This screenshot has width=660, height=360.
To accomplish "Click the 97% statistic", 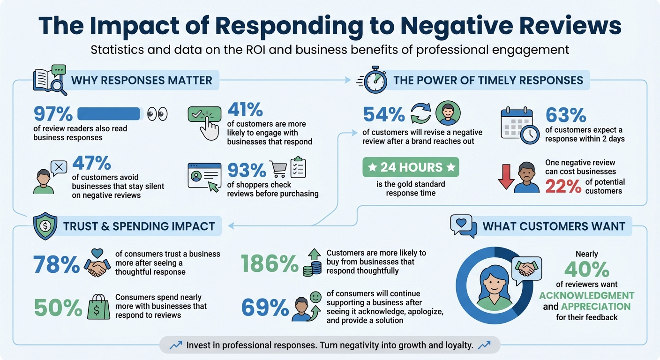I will [x=53, y=114].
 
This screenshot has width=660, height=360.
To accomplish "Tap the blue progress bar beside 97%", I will [x=108, y=114].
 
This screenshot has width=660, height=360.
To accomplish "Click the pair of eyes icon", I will [x=157, y=114].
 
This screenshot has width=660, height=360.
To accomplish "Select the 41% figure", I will [x=245, y=110].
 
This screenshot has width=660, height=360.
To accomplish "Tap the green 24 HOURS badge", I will [x=411, y=167].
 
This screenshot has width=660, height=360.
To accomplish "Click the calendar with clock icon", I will [x=519, y=124].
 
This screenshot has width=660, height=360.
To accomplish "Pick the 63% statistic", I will [x=566, y=115].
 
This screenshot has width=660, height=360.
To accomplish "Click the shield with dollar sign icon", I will [x=46, y=226].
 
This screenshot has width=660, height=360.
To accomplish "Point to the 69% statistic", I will [x=265, y=307].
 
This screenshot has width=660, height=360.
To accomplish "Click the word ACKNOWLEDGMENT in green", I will [x=586, y=296].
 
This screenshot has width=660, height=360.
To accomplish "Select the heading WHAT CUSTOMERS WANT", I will [x=554, y=226].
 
